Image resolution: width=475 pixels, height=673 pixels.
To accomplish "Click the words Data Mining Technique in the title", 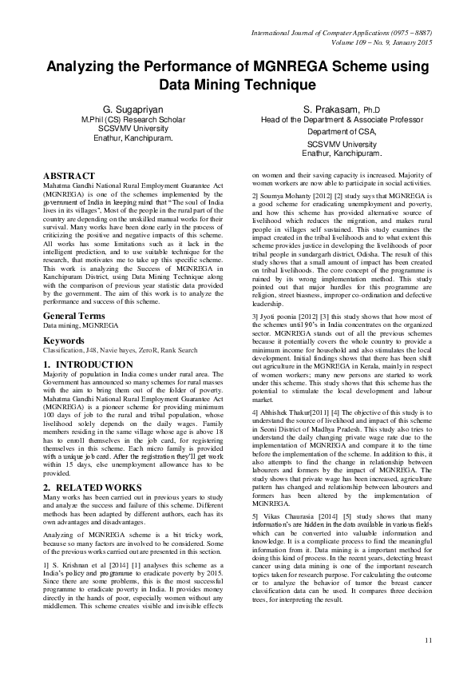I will [x=238, y=83].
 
